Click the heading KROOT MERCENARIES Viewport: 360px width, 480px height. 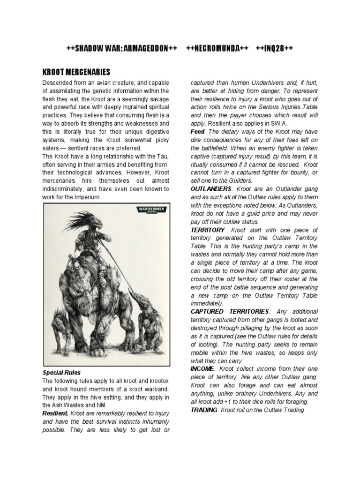click(x=76, y=72)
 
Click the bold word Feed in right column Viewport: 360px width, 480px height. click(x=197, y=132)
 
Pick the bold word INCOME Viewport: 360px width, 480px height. click(x=202, y=369)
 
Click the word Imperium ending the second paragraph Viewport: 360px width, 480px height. click(x=87, y=197)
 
